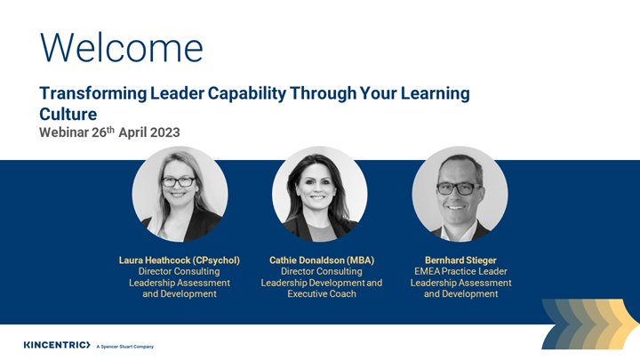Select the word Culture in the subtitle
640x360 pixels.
click(68, 114)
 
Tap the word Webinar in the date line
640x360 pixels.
click(64, 132)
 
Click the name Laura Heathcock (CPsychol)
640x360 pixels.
click(180, 260)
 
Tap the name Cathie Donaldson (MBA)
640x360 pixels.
click(322, 260)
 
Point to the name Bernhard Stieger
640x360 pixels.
click(460, 260)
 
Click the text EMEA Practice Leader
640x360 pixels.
click(460, 271)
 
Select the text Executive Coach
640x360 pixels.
click(322, 293)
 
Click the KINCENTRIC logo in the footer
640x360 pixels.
click(57, 345)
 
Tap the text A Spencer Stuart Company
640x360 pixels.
click(124, 346)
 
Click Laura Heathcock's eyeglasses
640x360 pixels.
click(180, 181)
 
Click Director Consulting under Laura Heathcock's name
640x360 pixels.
click(180, 271)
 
